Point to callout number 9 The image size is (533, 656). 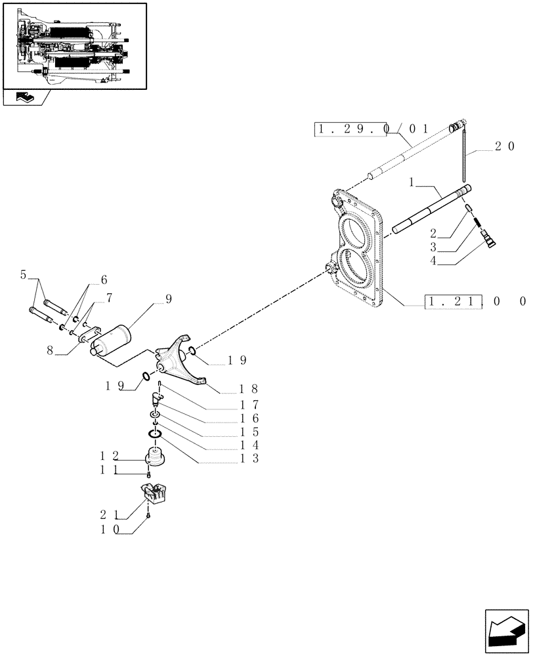169,299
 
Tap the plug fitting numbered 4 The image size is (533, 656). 490,240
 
